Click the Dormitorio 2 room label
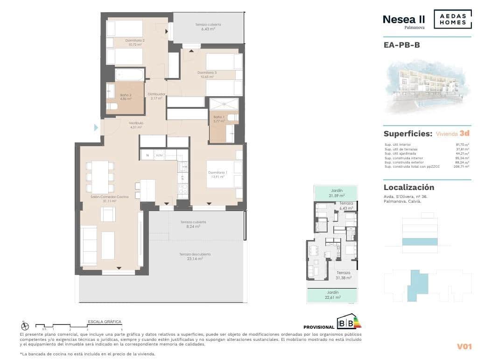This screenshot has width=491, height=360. pos(135,42)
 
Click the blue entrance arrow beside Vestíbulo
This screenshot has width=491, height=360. pos(96,127)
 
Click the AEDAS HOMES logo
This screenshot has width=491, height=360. pos(452,19)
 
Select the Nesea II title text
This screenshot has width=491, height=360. pos(403,19)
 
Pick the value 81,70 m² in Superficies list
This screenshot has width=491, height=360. pos(462,145)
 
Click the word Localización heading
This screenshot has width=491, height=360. pos(409,187)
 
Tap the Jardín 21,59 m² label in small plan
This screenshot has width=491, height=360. pos(336,193)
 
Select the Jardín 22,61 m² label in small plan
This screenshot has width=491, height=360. pos(333,295)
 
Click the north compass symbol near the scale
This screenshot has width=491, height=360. pos(25,326)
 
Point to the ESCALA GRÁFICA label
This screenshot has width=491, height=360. pos(105,322)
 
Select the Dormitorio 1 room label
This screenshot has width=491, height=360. pos(217,175)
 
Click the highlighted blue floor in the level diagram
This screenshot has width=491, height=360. pos(420,241)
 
